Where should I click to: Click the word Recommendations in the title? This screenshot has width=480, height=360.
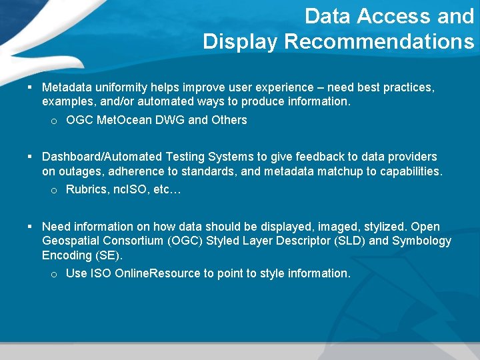tap(379, 42)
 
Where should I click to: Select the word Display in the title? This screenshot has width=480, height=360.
tap(241, 42)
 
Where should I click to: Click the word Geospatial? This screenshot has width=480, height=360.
tap(71, 241)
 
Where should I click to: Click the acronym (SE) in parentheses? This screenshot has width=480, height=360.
tap(110, 255)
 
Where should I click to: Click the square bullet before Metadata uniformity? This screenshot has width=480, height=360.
tap(31, 87)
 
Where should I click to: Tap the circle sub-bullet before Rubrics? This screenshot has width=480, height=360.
tap(54, 191)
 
